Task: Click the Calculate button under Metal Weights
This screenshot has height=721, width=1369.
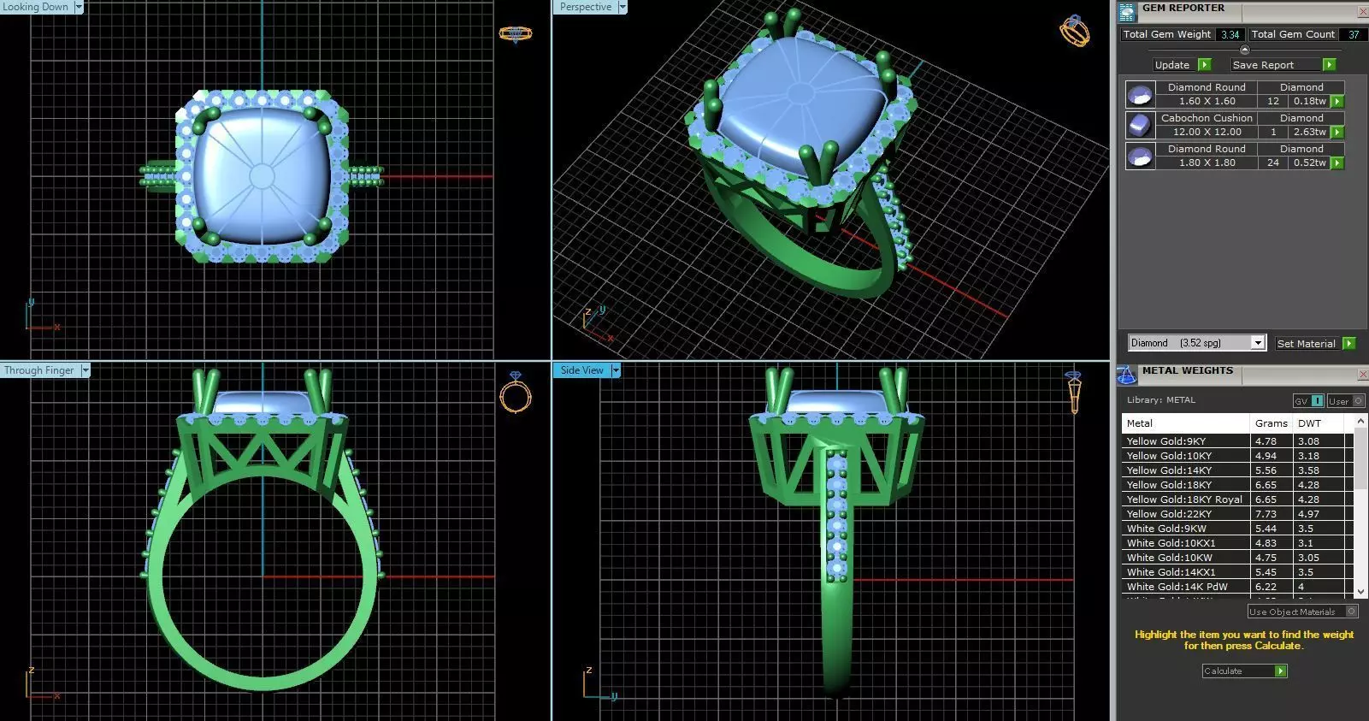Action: pyautogui.click(x=1244, y=671)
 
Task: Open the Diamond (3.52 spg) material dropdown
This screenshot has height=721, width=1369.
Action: pyautogui.click(x=1257, y=343)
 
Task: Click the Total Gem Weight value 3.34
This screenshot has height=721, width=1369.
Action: pyautogui.click(x=1230, y=35)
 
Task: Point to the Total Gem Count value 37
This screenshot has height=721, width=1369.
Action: pyautogui.click(x=1354, y=35)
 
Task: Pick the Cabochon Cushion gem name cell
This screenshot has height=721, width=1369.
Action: pyautogui.click(x=1206, y=118)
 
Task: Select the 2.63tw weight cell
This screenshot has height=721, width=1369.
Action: pyautogui.click(x=1309, y=132)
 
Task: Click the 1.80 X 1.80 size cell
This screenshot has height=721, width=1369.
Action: pyautogui.click(x=1206, y=163)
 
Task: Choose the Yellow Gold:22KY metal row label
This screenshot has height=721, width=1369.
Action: pyautogui.click(x=1169, y=514)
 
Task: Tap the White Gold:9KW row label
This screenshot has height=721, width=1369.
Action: pyautogui.click(x=1166, y=529)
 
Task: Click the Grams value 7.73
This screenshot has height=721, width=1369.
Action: pyautogui.click(x=1266, y=514)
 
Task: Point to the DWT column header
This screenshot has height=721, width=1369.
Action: pyautogui.click(x=1309, y=423)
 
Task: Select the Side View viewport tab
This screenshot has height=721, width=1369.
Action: pyautogui.click(x=582, y=370)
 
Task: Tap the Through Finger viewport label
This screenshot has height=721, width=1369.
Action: pyautogui.click(x=39, y=370)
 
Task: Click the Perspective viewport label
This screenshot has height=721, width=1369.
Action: pyautogui.click(x=586, y=7)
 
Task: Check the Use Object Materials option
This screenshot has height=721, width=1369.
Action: pyautogui.click(x=1351, y=612)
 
